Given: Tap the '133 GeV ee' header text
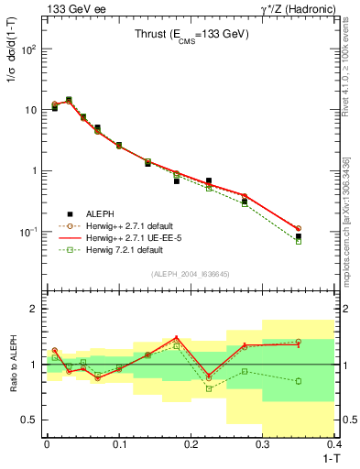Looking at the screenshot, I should point(71,8).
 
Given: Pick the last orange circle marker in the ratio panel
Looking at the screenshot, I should point(324,342).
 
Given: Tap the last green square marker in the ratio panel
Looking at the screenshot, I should point(324,381).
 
